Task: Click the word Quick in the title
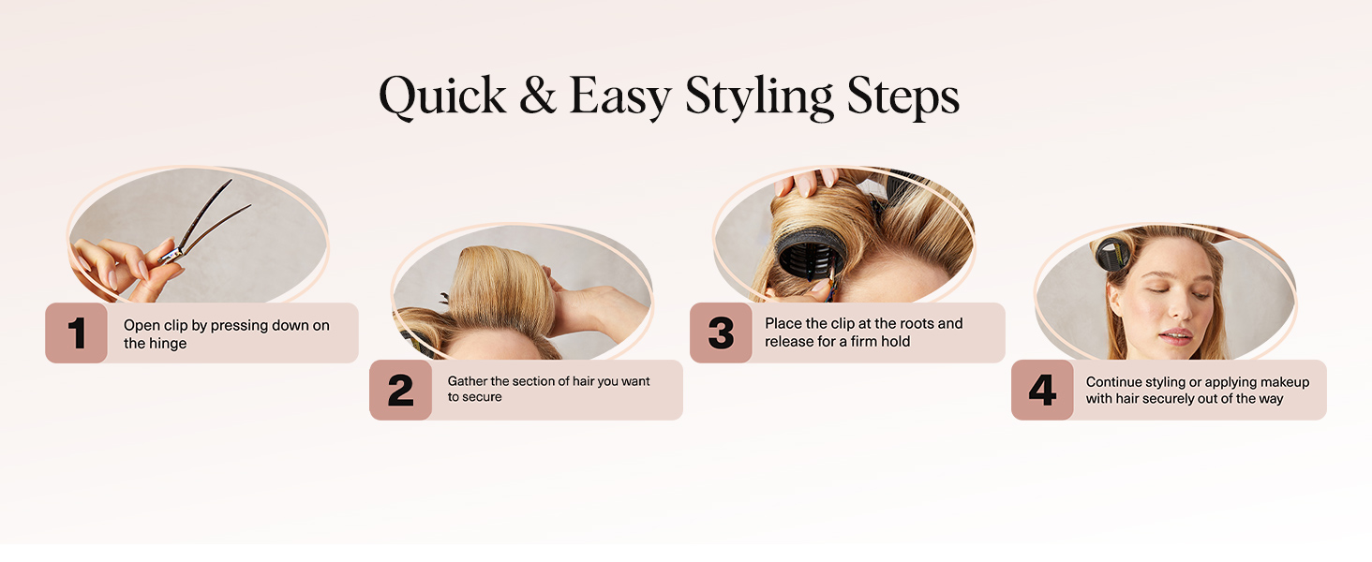[443, 96]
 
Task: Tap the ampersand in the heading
[538, 95]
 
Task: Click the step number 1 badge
[77, 333]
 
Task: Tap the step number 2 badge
[400, 390]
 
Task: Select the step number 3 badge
[721, 333]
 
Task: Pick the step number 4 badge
[1042, 390]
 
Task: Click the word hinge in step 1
[167, 344]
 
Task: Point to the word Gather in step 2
[468, 381]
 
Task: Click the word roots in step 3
[916, 323]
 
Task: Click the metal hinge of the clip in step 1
[172, 252]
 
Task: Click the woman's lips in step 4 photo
[1177, 336]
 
